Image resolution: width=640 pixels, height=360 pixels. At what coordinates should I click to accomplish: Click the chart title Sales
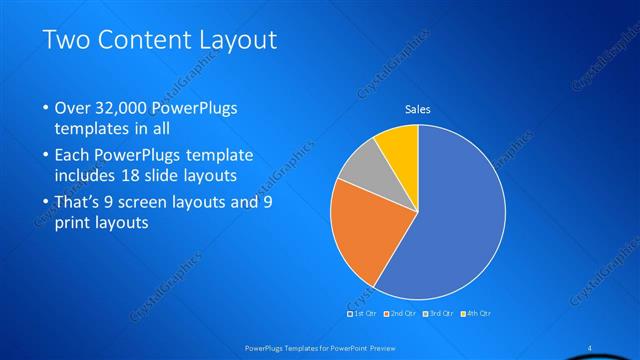(x=417, y=110)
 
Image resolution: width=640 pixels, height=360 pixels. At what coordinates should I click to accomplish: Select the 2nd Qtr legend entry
(x=402, y=315)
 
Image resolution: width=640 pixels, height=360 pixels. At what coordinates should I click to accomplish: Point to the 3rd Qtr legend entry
(x=440, y=315)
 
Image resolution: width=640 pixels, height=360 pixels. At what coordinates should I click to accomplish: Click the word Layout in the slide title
(x=238, y=40)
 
